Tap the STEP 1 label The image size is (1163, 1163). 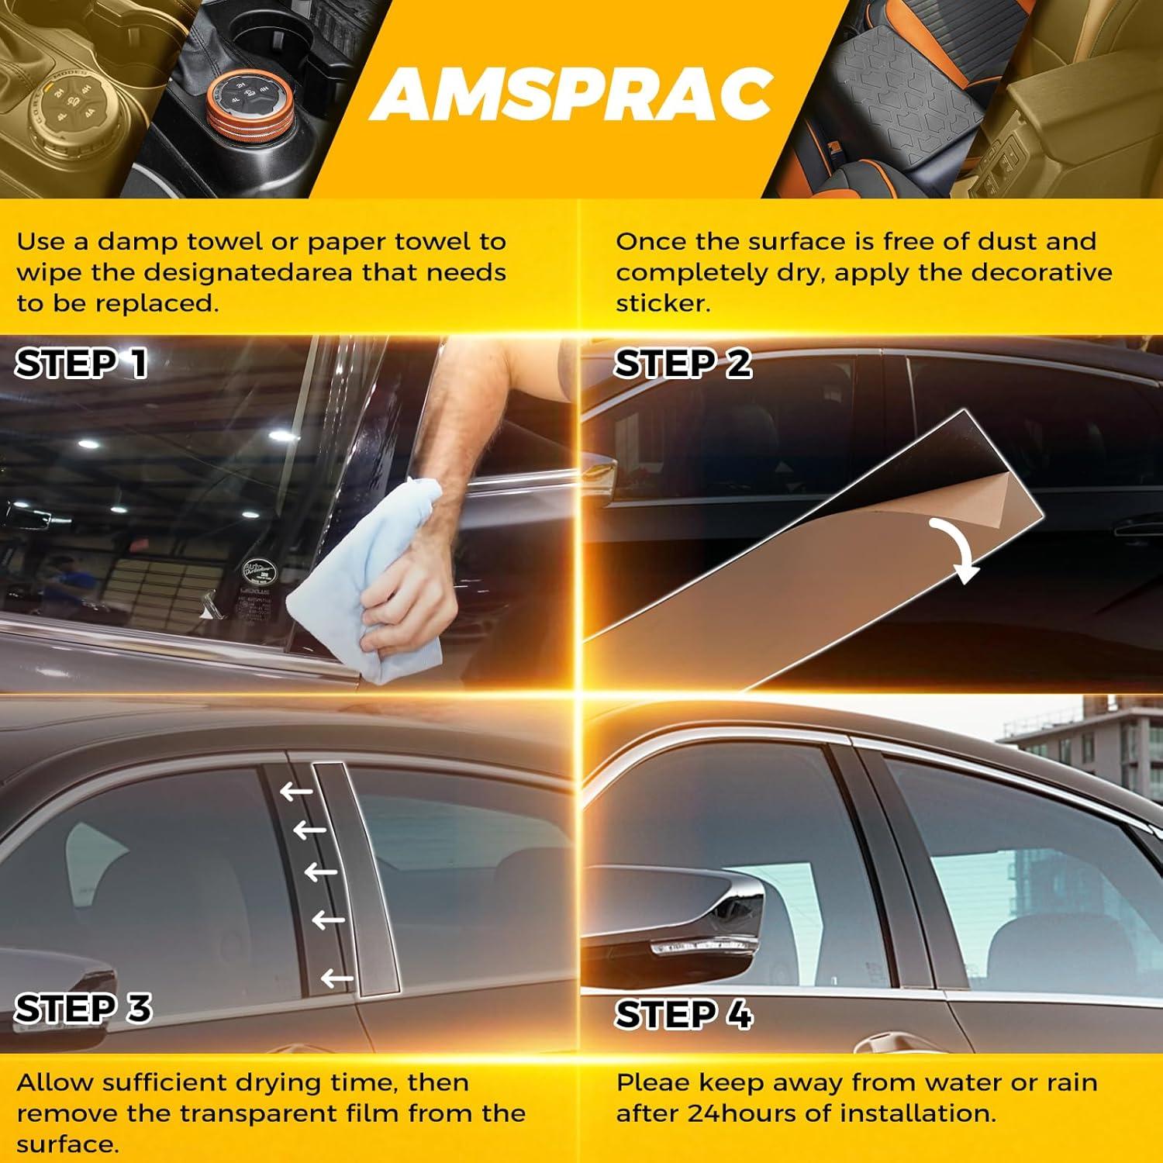(x=81, y=364)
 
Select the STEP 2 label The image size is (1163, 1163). (x=682, y=364)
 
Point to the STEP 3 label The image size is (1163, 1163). (x=83, y=1009)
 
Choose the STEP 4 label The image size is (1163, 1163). (x=683, y=1014)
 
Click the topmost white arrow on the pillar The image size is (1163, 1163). (x=296, y=792)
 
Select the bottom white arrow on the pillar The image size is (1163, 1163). (x=336, y=978)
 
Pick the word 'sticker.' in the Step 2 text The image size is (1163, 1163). (x=663, y=303)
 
